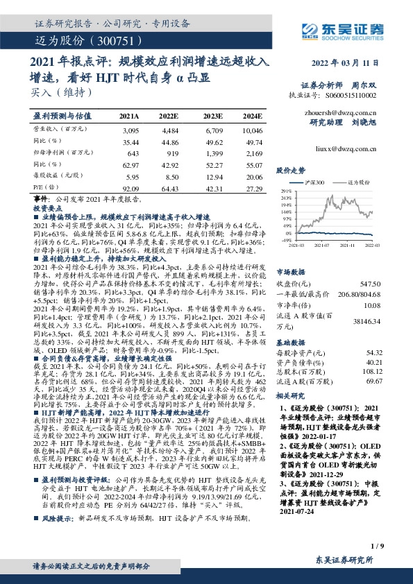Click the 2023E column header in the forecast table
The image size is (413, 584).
tap(213, 117)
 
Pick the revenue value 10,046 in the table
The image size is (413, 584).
tap(252, 130)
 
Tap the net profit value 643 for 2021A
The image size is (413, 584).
tap(129, 151)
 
